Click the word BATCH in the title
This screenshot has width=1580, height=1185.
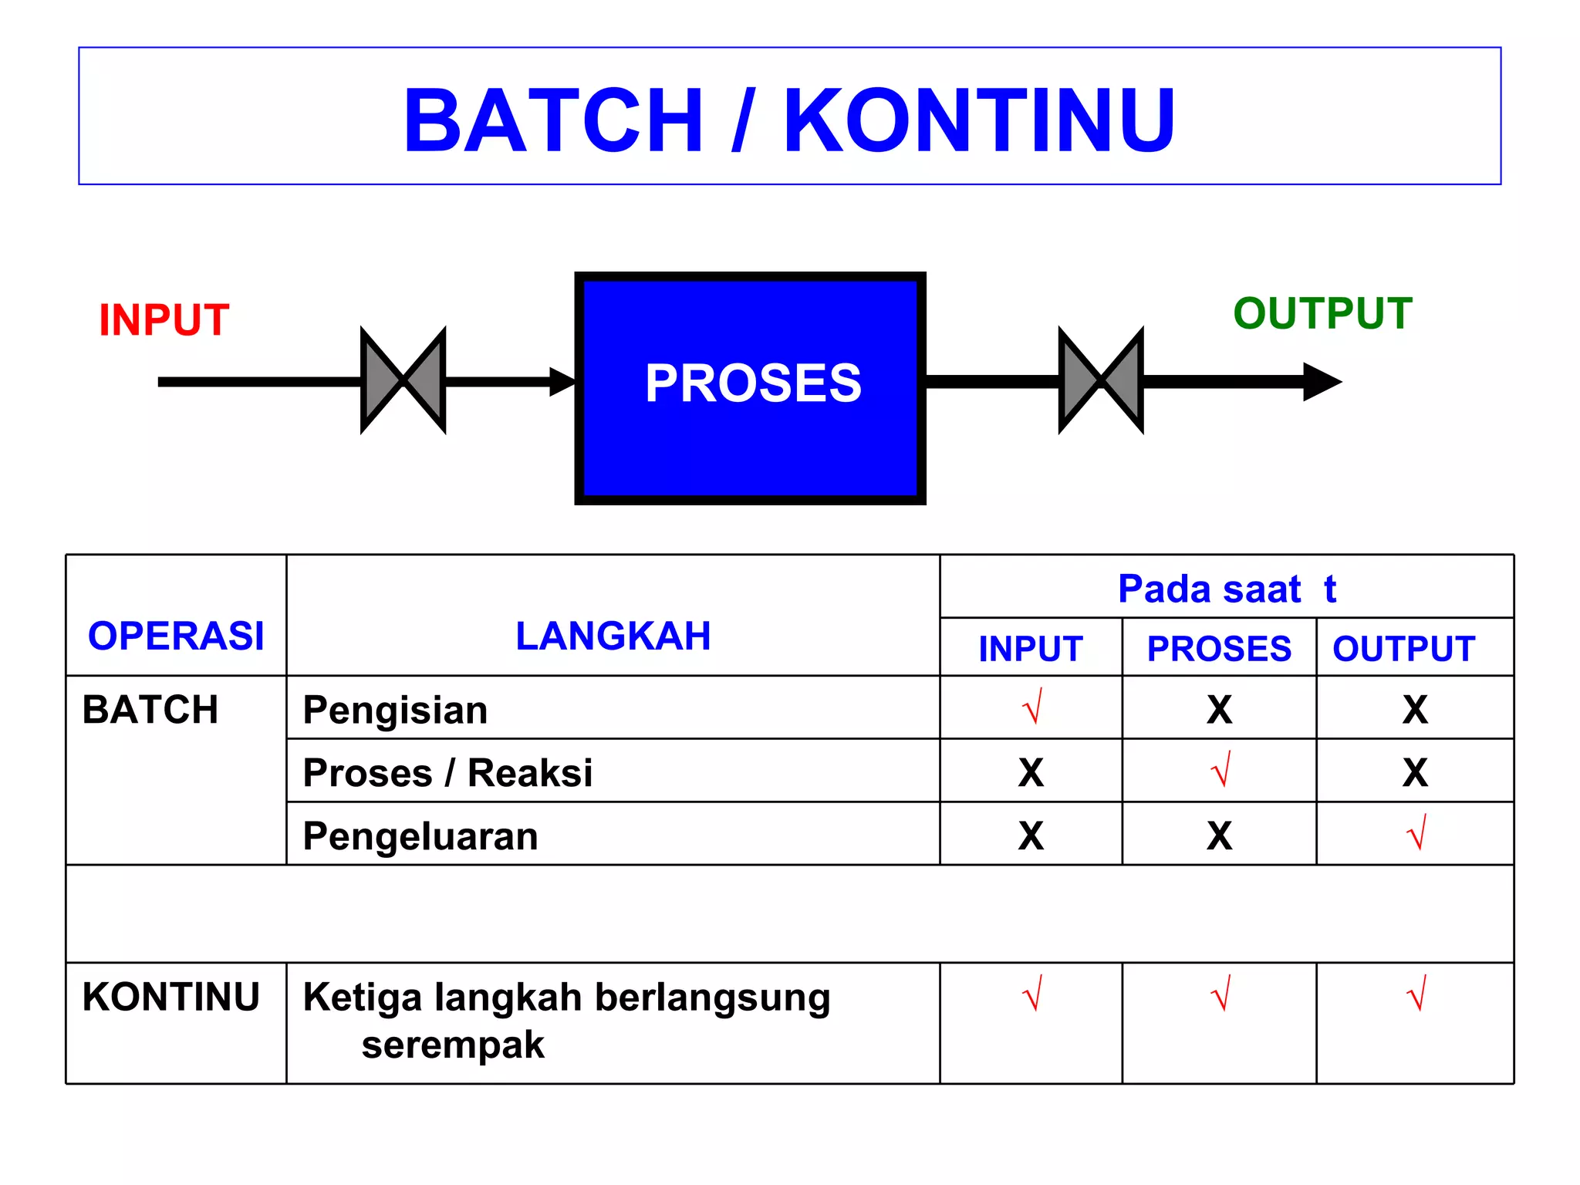click(552, 120)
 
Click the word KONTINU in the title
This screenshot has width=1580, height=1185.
click(979, 120)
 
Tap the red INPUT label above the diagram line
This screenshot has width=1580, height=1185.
click(164, 319)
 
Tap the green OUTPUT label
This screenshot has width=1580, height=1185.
click(1322, 313)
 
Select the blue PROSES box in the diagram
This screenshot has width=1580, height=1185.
click(750, 388)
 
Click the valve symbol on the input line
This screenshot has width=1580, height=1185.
click(403, 380)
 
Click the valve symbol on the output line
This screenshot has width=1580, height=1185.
click(1101, 380)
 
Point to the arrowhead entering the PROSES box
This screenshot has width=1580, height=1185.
click(562, 382)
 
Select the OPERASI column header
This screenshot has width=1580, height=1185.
click(176, 636)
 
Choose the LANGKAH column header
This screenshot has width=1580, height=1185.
click(613, 636)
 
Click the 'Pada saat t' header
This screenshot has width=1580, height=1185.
click(1227, 589)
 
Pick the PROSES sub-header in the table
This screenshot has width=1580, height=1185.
click(1219, 649)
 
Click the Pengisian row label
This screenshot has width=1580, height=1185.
click(395, 710)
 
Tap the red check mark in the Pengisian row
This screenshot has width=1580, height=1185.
click(1032, 707)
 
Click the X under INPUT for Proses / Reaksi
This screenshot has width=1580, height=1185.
click(1031, 772)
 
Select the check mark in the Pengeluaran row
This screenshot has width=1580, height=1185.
click(1416, 833)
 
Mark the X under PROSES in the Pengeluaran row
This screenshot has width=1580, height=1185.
click(1219, 836)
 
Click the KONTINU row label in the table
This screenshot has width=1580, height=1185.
click(170, 996)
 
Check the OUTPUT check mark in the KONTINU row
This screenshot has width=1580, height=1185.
click(1416, 994)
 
